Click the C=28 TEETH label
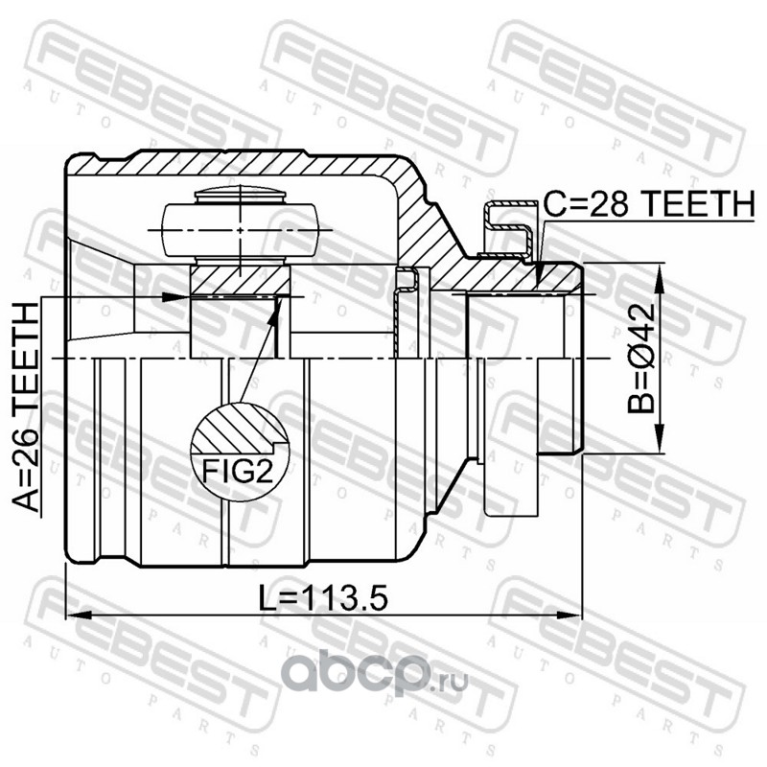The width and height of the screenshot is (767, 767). tap(650, 204)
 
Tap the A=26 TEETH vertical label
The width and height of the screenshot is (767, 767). tap(25, 407)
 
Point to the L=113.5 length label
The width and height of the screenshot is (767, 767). tap(324, 597)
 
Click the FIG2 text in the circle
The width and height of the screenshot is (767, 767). tap(237, 472)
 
